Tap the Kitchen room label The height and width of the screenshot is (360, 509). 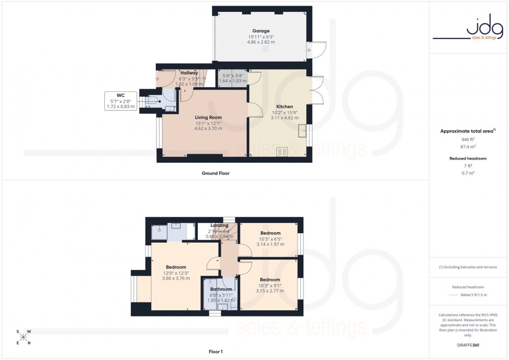click(285, 106)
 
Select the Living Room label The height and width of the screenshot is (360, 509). click(208, 117)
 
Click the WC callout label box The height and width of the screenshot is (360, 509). click(120, 101)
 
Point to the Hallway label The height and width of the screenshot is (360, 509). click(188, 73)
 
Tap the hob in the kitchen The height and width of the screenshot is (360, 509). click(283, 152)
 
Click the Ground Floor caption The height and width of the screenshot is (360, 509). click(216, 173)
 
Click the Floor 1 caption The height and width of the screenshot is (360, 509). click(216, 352)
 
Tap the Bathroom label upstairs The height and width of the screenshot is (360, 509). click(221, 289)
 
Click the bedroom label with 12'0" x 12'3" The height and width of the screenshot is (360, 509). click(176, 267)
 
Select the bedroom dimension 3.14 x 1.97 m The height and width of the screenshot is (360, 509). click(270, 244)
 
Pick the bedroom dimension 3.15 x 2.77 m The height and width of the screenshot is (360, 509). click(270, 291)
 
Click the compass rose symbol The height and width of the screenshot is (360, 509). click(24, 337)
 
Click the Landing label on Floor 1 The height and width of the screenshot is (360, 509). click(219, 225)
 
